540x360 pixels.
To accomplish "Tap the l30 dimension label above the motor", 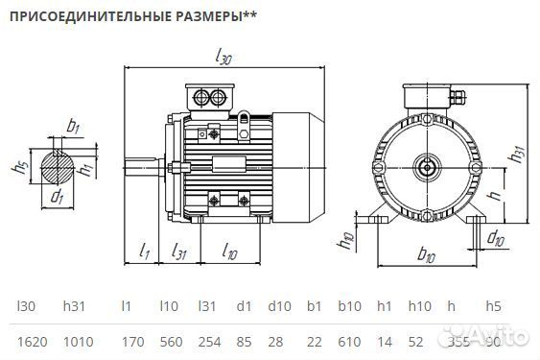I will tap(223, 58).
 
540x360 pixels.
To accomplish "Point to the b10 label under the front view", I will tap(427, 255).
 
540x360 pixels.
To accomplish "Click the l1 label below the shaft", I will tap(145, 252).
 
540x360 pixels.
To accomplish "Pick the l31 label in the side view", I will tap(178, 252).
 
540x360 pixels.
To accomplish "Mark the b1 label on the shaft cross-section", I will tap(74, 126).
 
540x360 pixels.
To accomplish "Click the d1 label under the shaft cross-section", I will tap(57, 199).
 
